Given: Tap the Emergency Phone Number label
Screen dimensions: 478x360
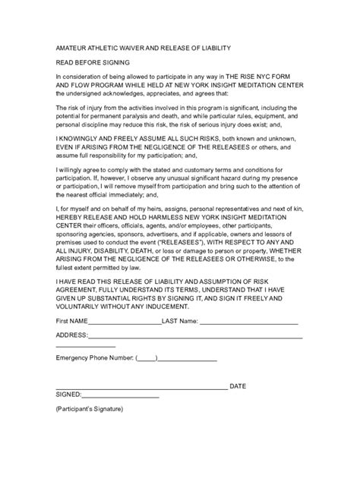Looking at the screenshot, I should click(94, 357).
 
